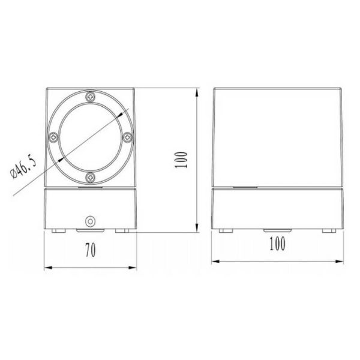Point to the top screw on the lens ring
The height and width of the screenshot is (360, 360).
point(91,96)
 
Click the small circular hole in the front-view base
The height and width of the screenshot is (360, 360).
point(91,221)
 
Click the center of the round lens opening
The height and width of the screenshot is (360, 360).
point(91,136)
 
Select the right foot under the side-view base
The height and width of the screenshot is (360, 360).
point(329,230)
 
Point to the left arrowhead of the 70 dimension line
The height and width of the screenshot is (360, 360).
point(49,267)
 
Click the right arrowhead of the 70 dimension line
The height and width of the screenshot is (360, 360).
point(133,267)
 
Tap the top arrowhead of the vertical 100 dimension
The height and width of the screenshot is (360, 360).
point(198,92)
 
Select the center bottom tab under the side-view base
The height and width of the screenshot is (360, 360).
point(278,230)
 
